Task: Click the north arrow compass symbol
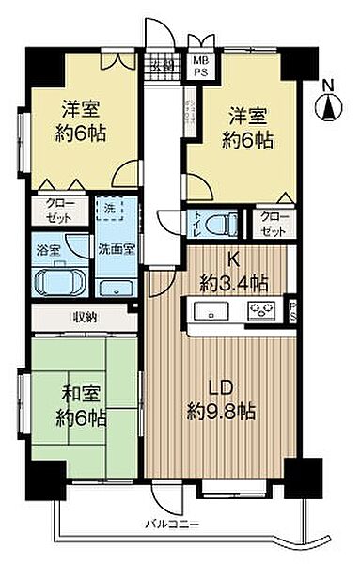(330, 108)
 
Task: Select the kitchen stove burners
(258, 310)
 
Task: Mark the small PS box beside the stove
(293, 311)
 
